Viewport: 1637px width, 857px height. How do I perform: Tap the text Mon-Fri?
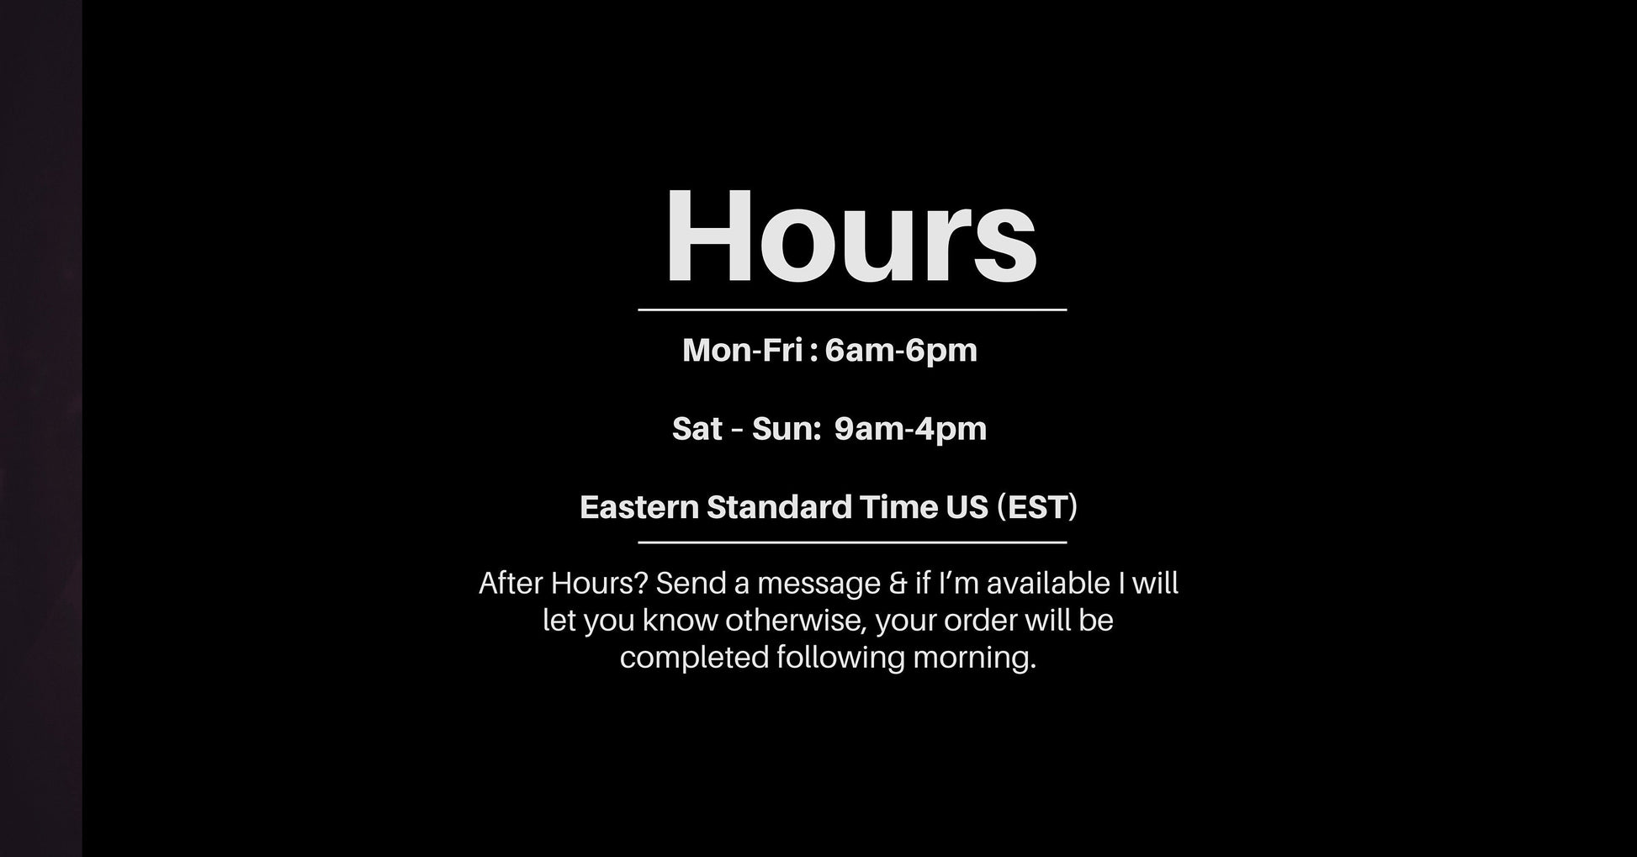point(742,350)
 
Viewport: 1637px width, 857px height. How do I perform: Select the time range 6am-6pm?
point(901,351)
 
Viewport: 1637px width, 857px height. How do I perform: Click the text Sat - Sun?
point(746,428)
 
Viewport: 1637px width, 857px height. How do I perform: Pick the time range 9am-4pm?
point(910,429)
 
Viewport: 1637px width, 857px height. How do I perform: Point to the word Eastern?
point(639,507)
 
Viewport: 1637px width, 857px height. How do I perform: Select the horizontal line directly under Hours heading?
point(852,310)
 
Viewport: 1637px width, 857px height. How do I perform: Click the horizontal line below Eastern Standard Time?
point(852,542)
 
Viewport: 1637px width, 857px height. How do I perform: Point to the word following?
point(840,658)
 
